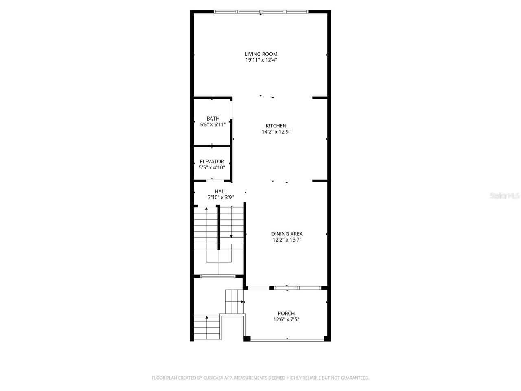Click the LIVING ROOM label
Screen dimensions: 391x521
point(261,54)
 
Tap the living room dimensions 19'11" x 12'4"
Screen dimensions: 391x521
point(261,60)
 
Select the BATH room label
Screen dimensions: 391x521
point(213,119)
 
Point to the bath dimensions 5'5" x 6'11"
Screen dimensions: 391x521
point(213,125)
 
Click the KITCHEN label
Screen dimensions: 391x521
point(276,126)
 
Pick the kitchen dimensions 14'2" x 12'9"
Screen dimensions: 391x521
point(276,132)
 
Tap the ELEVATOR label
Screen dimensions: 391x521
point(212,161)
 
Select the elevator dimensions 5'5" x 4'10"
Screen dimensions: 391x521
point(212,167)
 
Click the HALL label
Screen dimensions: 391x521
point(221,191)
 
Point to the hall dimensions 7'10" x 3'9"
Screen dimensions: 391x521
point(221,198)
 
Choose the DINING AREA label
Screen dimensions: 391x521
point(287,234)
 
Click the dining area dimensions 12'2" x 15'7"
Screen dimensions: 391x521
point(287,240)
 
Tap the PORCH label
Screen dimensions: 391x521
point(287,314)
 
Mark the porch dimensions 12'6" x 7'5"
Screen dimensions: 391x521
point(287,320)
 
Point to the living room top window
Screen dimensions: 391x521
point(261,11)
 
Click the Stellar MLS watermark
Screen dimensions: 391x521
point(505,195)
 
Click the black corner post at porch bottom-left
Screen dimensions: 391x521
point(247,338)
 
